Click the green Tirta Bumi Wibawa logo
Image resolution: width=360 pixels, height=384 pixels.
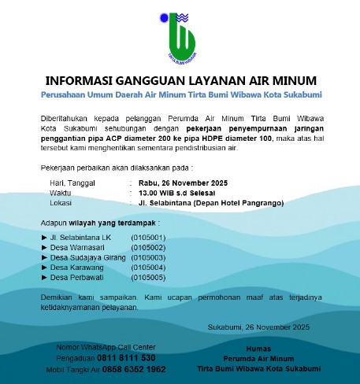coord(180,37)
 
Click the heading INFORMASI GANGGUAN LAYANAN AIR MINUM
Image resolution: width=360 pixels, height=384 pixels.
coord(180,80)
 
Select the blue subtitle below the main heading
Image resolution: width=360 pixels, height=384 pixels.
coord(180,94)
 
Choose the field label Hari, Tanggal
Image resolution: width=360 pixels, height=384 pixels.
coord(72,183)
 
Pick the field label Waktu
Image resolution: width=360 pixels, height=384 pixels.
coord(61,192)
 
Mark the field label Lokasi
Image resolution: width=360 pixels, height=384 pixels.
coord(61,202)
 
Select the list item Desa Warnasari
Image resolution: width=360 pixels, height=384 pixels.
coord(80,247)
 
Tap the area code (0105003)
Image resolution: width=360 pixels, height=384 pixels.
coord(148,257)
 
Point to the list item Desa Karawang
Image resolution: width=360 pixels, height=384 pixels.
coord(77,268)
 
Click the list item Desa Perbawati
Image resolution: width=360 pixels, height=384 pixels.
coord(77,277)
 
